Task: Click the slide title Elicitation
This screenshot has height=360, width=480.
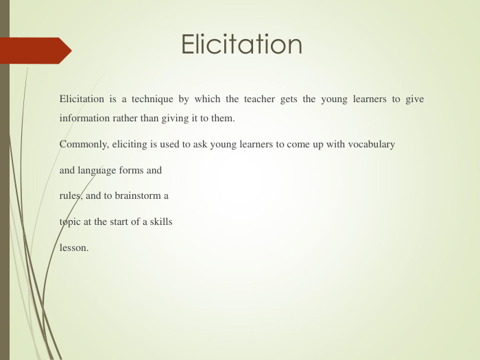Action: [241, 45]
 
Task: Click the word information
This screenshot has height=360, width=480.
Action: [84, 118]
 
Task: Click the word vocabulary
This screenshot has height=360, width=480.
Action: [372, 145]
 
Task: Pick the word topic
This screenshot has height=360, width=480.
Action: [72, 222]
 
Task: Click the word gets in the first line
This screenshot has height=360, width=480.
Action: [289, 99]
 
